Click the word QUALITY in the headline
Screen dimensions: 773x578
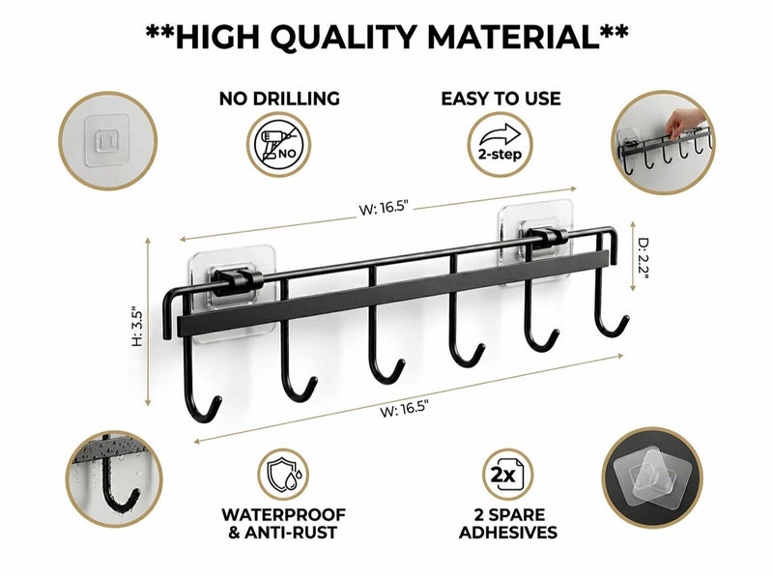(x=343, y=37)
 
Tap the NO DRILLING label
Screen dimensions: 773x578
(x=279, y=99)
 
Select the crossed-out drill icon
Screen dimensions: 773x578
(x=279, y=145)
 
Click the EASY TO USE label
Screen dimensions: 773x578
(x=501, y=99)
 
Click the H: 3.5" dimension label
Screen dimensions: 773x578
(x=137, y=328)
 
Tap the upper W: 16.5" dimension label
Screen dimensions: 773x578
(x=384, y=208)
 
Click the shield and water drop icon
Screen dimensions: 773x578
(x=284, y=476)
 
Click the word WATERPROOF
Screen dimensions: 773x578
(x=283, y=515)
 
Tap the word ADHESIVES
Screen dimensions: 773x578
(x=508, y=533)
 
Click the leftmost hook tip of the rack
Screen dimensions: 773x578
(x=217, y=399)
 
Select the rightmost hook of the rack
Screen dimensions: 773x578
(x=610, y=296)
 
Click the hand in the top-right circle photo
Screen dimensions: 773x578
(x=685, y=122)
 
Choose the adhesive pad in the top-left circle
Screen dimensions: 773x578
(x=107, y=140)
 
